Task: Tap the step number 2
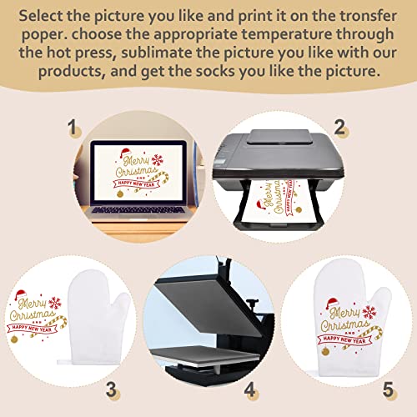(x=339, y=128)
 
